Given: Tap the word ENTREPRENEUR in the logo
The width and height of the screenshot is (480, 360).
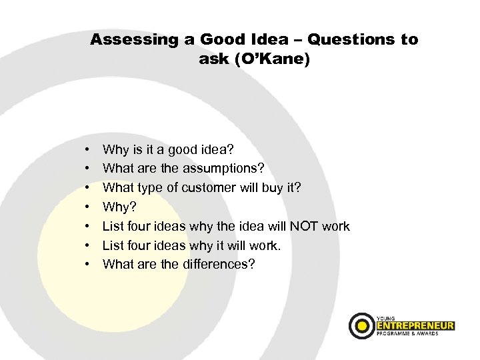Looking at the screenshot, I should pyautogui.click(x=414, y=326).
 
